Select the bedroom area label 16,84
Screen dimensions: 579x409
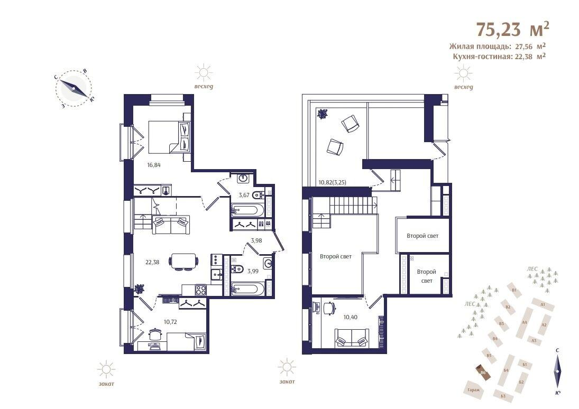coord(153,165)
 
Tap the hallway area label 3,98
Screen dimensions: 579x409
coord(256,240)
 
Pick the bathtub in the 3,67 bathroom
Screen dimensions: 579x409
coord(251,211)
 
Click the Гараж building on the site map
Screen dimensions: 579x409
coord(473,391)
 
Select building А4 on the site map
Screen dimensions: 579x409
coord(525,322)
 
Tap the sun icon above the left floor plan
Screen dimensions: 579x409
coord(203,72)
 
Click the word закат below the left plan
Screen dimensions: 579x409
coord(106,384)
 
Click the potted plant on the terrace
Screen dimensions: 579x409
coord(321,113)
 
